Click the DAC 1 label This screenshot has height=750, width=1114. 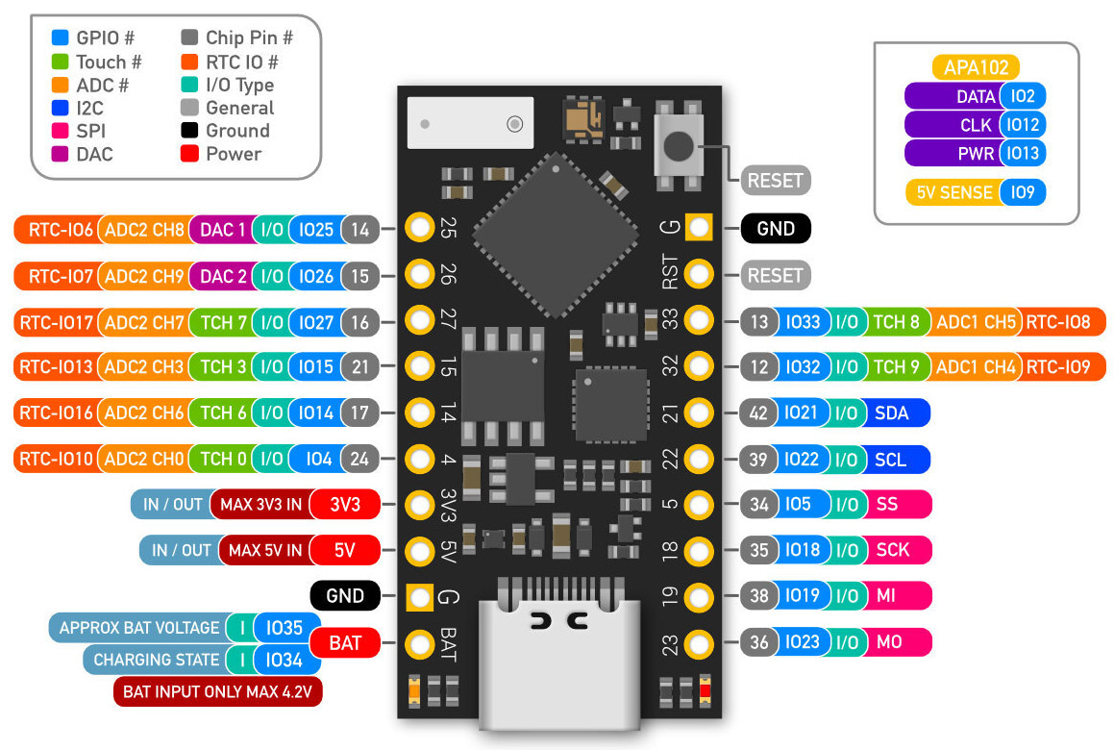pyautogui.click(x=222, y=229)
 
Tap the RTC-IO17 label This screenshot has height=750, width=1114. pyautogui.click(x=56, y=322)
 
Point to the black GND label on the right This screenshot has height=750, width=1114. pyautogui.click(x=776, y=229)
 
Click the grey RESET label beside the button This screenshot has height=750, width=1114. pyautogui.click(x=776, y=179)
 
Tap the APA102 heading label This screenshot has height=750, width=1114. pyautogui.click(x=975, y=67)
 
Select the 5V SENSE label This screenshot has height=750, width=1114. pyautogui.click(x=953, y=192)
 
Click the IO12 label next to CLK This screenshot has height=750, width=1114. pyautogui.click(x=1022, y=125)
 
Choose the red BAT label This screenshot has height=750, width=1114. pyautogui.click(x=345, y=642)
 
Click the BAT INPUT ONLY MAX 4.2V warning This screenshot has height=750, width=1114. pyautogui.click(x=217, y=690)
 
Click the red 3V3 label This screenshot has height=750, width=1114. pyautogui.click(x=345, y=504)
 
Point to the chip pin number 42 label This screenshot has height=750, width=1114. pyautogui.click(x=758, y=412)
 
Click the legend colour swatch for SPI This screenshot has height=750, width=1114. pyautogui.click(x=61, y=131)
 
